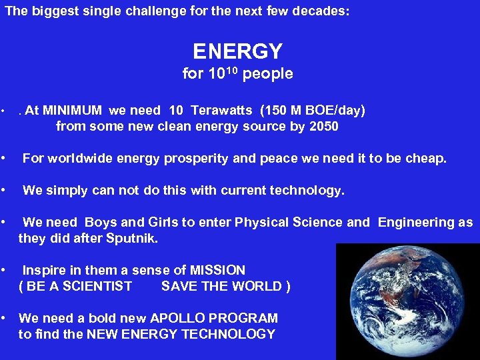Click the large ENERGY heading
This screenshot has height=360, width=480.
(x=237, y=51)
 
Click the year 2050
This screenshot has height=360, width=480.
(x=323, y=126)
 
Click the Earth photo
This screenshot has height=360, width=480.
(x=407, y=301)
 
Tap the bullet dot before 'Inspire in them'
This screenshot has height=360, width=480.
(x=5, y=270)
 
